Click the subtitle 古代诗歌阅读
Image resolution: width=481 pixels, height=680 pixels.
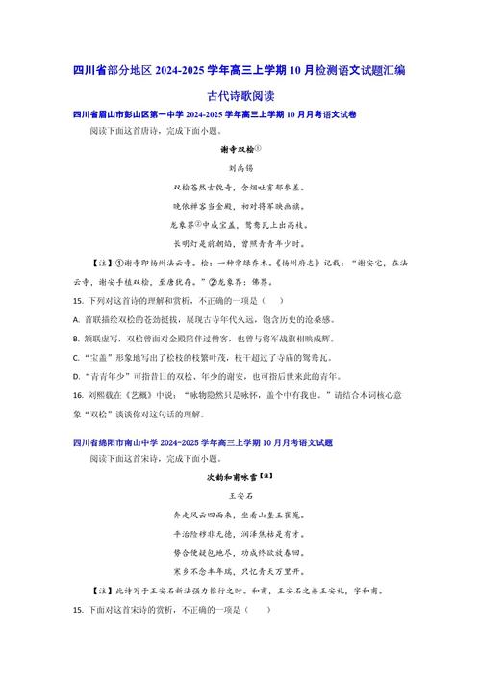tap(240, 96)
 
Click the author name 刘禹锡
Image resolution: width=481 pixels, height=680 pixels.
tap(240, 167)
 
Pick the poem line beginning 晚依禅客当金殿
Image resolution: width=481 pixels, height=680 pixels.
tap(240, 206)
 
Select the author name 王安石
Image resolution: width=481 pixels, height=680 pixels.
tap(240, 494)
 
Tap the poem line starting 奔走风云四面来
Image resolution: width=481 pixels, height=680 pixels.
tap(240, 515)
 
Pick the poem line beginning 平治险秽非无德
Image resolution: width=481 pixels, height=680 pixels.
tap(240, 534)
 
